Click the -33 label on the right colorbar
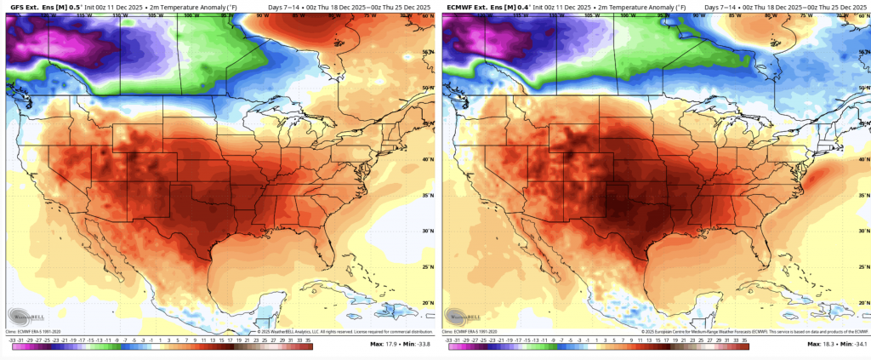[x=449, y=338]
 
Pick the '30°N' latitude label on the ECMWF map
[x=864, y=231]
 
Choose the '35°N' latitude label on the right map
[x=864, y=195]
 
